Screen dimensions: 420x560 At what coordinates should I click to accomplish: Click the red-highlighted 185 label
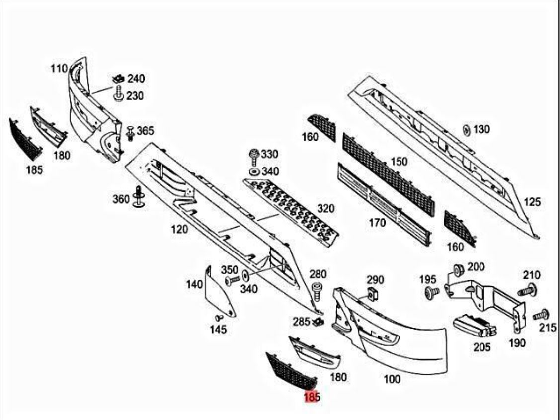[x=311, y=397]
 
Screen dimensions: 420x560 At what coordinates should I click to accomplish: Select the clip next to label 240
[x=118, y=78]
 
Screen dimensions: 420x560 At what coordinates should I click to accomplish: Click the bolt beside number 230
[x=118, y=94]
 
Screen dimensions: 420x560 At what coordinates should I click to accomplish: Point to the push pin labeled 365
[x=130, y=133]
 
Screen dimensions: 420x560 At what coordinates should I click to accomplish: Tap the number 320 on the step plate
[x=326, y=208]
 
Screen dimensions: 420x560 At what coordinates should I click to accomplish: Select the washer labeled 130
[x=466, y=129]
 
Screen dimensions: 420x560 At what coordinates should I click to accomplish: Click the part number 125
[x=532, y=202]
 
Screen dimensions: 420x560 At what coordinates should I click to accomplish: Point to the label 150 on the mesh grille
[x=399, y=162]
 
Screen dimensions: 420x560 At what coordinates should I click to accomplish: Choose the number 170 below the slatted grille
[x=377, y=223]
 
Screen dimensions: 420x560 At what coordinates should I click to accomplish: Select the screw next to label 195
[x=430, y=293]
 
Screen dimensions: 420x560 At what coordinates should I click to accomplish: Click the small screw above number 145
[x=217, y=317]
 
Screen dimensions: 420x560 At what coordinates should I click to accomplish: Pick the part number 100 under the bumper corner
[x=392, y=379]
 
